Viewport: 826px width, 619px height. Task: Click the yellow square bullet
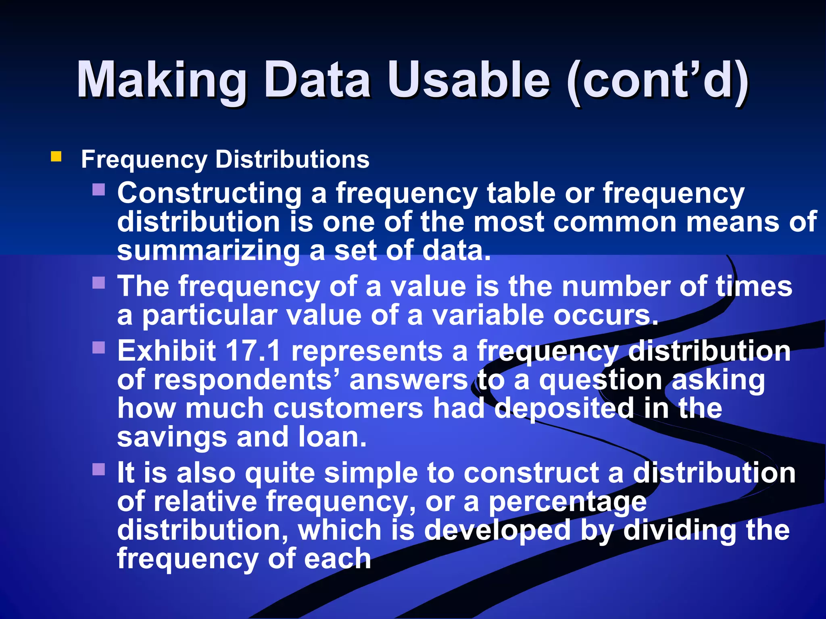pyautogui.click(x=56, y=156)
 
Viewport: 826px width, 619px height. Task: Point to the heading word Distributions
pyautogui.click(x=292, y=159)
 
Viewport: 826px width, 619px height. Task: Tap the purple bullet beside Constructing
pyautogui.click(x=99, y=189)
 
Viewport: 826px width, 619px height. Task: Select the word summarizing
pyautogui.click(x=208, y=251)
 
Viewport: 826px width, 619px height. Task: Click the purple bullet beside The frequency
pyautogui.click(x=99, y=282)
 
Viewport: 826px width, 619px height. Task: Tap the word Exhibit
pyautogui.click(x=167, y=351)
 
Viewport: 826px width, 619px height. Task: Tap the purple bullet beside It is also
pyautogui.click(x=99, y=469)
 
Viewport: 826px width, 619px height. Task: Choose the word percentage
pyautogui.click(x=568, y=502)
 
